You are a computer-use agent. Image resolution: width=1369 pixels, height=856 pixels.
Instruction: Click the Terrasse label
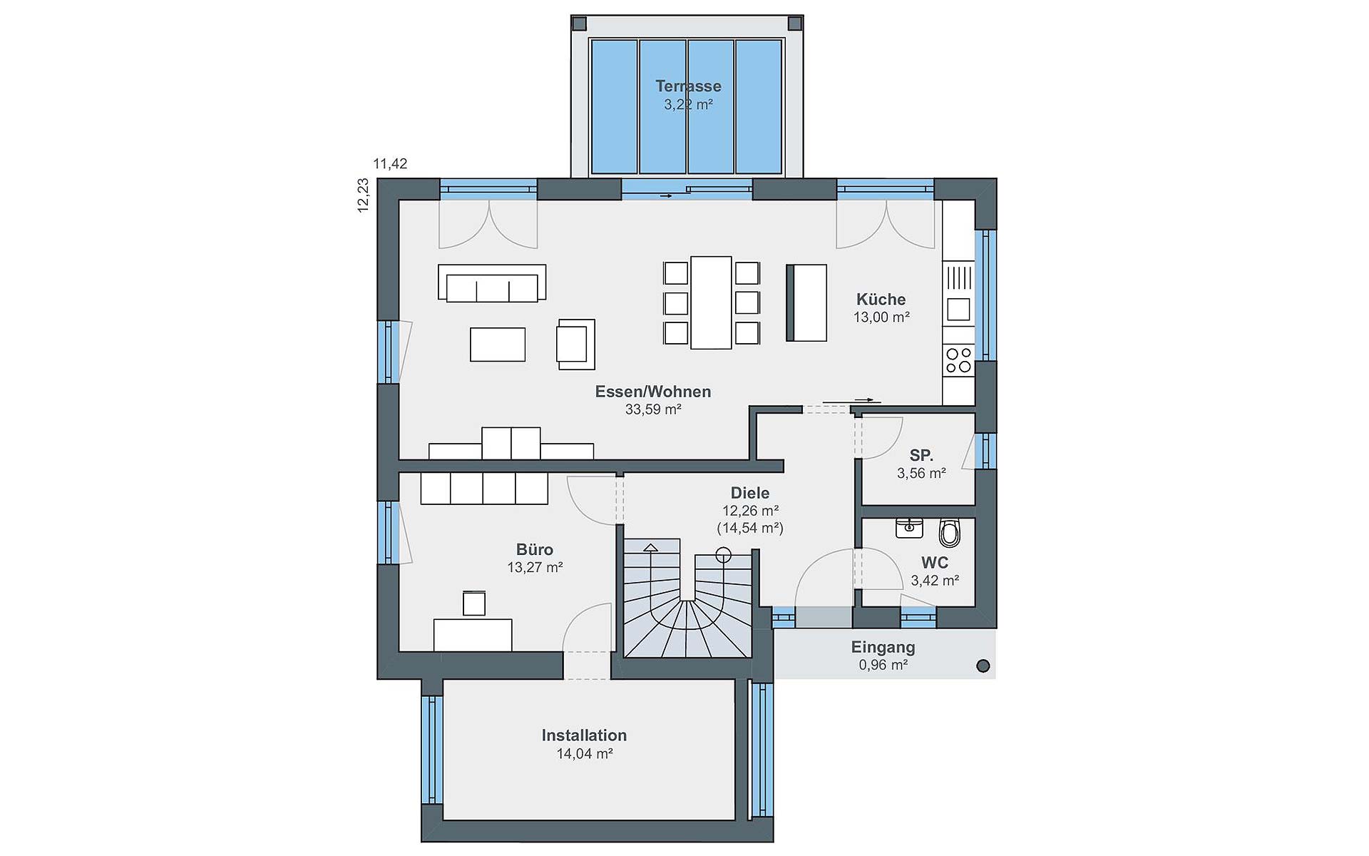tap(688, 86)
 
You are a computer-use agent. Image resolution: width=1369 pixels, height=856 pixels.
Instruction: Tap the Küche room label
tap(881, 300)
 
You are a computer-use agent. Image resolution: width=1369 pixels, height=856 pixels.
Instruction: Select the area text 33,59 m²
tap(653, 409)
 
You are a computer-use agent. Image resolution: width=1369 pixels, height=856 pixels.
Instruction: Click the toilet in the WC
tap(950, 532)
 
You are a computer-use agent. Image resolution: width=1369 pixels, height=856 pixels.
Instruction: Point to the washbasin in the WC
tap(909, 528)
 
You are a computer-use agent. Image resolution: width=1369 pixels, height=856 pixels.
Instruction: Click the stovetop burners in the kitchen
tap(958, 360)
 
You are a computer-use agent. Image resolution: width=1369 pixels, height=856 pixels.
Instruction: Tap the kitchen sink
tap(958, 309)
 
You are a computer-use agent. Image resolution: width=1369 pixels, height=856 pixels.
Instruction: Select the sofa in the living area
tap(492, 282)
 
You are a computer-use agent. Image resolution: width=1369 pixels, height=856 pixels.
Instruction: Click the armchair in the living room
tap(576, 345)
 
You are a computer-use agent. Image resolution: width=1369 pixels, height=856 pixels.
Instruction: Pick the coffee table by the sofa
tap(498, 345)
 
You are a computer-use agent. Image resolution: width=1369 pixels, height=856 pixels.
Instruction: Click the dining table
tap(711, 302)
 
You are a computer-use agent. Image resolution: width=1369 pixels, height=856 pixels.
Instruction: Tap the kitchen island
tap(806, 303)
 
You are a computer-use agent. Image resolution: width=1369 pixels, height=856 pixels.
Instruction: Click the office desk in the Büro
tap(473, 635)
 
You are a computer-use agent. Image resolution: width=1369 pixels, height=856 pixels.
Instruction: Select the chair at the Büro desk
tap(474, 603)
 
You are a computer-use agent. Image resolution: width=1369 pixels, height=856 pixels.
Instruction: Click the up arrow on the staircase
tap(650, 548)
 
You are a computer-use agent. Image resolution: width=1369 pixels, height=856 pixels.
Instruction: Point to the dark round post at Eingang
tap(983, 666)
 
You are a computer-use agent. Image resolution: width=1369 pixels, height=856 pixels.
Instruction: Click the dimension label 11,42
tap(390, 164)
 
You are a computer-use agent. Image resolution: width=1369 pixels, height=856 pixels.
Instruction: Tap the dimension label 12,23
tap(363, 195)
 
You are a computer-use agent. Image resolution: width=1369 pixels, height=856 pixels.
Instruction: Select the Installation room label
tap(584, 735)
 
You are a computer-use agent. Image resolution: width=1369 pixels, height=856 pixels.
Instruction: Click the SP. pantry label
tap(921, 455)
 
